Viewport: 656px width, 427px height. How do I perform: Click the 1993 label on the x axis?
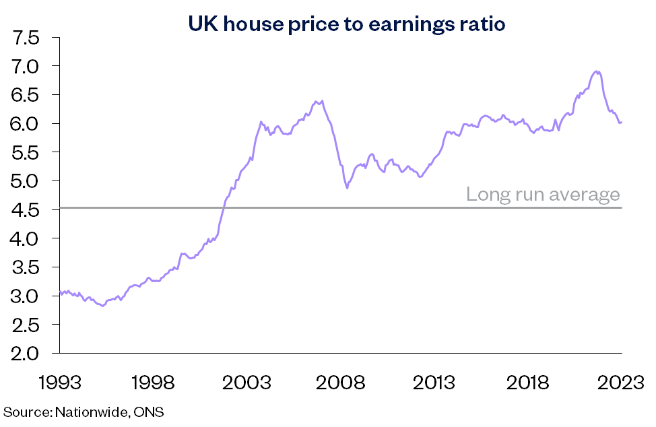tap(60, 383)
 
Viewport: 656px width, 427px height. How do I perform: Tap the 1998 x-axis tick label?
tap(154, 383)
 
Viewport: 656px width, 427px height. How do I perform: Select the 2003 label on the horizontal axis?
tap(247, 383)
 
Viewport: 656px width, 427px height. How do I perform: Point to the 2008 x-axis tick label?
tap(341, 383)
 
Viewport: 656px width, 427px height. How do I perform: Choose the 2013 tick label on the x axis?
tap(434, 383)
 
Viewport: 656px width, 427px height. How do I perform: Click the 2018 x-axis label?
tap(528, 383)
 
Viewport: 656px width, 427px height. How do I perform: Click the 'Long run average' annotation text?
tap(542, 195)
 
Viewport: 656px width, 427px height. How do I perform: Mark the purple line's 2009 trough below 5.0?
tap(347, 188)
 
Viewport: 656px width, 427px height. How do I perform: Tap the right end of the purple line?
tap(621, 122)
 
